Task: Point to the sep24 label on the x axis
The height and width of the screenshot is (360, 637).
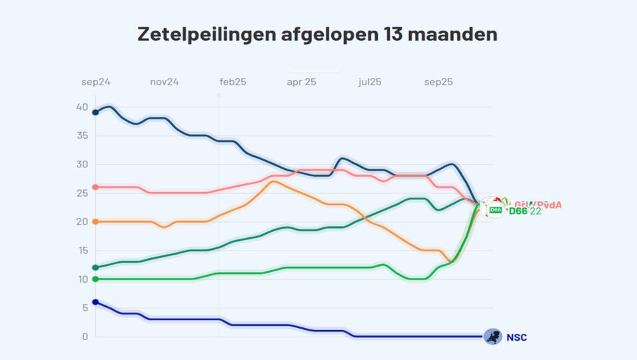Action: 96,82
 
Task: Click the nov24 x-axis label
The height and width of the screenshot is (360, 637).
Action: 164,82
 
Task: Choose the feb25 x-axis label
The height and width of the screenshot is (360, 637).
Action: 233,82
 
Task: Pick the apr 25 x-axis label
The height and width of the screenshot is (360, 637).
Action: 301,82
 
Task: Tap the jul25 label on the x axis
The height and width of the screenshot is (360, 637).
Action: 370,82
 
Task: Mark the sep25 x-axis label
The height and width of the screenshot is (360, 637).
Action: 438,82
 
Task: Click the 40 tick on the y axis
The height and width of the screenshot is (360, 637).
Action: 82,107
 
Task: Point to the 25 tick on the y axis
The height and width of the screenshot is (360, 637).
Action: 82,193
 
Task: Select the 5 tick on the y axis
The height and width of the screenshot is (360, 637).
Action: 85,308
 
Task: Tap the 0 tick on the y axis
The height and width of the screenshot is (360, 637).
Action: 85,337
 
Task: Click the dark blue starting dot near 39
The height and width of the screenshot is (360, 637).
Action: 95,112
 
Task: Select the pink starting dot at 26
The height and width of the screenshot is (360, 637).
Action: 95,187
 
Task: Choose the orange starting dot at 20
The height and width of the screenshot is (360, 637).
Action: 95,221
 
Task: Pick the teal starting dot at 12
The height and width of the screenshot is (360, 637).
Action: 95,267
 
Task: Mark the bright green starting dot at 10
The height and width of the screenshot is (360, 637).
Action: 95,279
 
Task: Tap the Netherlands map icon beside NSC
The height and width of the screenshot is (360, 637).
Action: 492,337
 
